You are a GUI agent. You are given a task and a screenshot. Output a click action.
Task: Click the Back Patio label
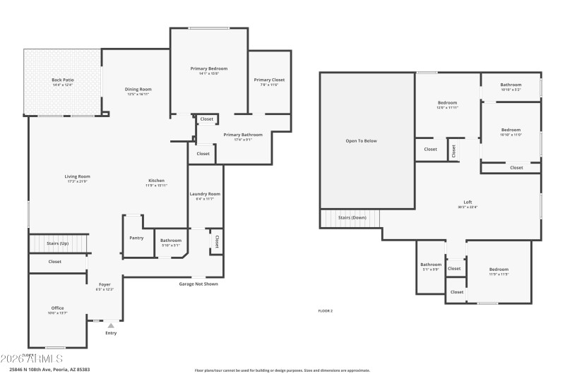(x=63, y=80)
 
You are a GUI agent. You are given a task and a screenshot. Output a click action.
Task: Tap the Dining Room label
(x=138, y=90)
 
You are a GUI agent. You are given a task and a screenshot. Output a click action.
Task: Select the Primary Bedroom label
(x=208, y=68)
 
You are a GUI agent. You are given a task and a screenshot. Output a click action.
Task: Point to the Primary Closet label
(x=269, y=80)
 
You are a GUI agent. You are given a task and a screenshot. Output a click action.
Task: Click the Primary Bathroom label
(x=243, y=135)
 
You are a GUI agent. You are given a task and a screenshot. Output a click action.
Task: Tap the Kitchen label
(x=156, y=181)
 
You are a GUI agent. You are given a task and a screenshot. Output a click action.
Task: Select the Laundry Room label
(x=205, y=194)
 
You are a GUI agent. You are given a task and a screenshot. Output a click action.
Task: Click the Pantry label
(x=136, y=238)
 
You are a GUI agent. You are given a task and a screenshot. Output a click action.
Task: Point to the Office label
(x=57, y=308)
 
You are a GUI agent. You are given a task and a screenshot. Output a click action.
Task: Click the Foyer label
(x=104, y=284)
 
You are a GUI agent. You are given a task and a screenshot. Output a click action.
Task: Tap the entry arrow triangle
(x=111, y=325)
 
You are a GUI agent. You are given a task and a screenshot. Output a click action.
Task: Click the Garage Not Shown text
(x=198, y=284)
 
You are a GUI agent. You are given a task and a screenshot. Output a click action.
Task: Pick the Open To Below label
(x=361, y=141)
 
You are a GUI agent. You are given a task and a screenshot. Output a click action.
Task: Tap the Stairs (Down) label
(x=352, y=218)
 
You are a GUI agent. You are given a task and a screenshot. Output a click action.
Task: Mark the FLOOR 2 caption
(x=326, y=310)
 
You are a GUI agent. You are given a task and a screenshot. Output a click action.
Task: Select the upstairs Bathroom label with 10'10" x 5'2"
(x=511, y=85)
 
